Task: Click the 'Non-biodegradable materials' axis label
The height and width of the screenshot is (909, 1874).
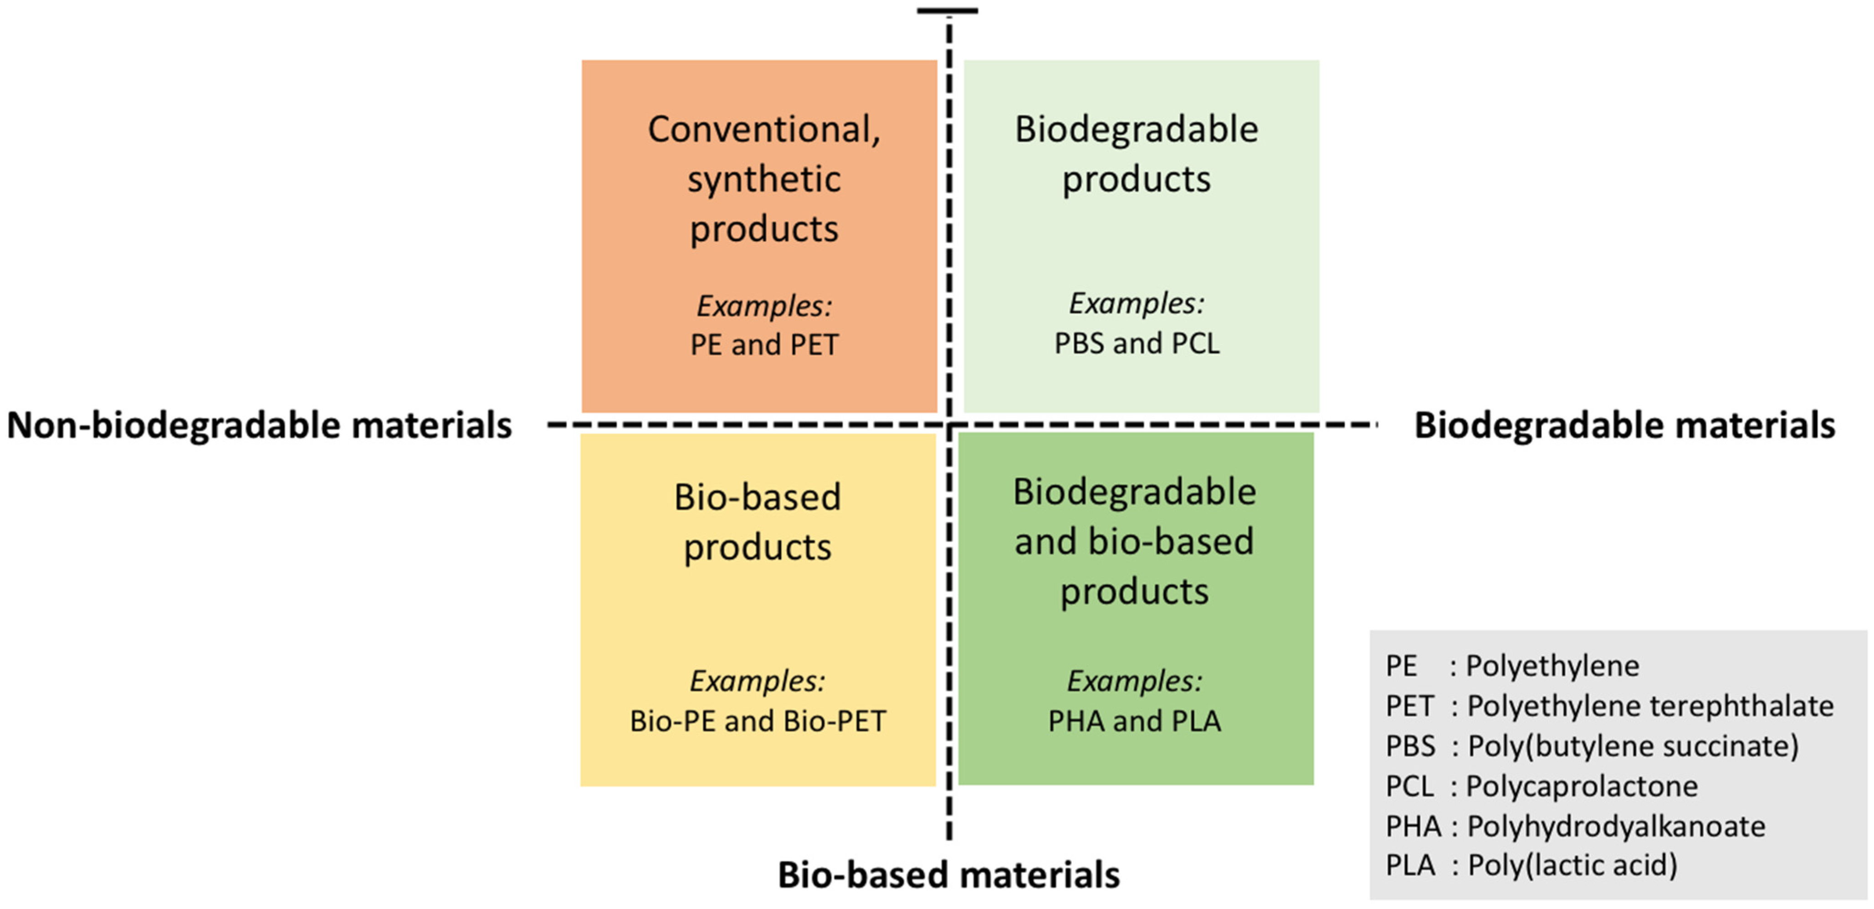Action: click(259, 425)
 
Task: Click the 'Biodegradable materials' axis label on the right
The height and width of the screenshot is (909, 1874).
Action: click(1624, 425)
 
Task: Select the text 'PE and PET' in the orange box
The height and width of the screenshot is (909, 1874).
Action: click(764, 344)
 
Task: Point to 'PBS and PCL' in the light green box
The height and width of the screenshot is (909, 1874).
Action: click(1137, 343)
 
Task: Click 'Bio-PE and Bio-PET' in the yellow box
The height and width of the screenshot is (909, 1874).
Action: click(758, 721)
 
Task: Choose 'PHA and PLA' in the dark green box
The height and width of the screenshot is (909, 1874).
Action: click(1134, 721)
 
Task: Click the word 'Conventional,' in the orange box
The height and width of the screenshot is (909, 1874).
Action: click(764, 129)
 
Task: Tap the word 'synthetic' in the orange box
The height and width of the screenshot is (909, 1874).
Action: click(764, 179)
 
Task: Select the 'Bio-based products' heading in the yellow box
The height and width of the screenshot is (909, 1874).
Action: click(758, 522)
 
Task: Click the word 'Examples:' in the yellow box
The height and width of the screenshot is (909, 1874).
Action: click(758, 681)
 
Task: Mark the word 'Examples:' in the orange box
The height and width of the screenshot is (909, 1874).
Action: click(764, 306)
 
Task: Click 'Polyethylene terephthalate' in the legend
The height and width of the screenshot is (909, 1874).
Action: click(1650, 706)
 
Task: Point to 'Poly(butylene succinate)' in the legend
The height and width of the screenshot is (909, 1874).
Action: click(1633, 746)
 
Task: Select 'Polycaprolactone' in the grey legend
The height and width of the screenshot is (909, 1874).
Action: click(1582, 786)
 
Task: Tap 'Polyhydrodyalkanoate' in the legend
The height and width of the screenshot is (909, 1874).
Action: click(1616, 826)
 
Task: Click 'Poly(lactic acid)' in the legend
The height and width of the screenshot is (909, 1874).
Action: click(1572, 865)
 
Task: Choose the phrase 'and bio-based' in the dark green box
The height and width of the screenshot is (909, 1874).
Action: click(1134, 541)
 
